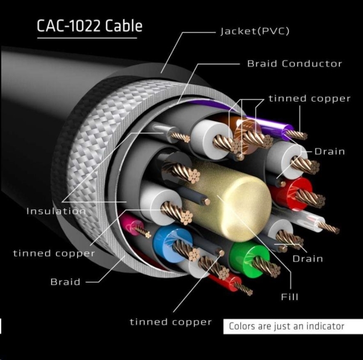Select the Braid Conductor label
[x=294, y=64]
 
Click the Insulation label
[x=56, y=211]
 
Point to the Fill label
[x=289, y=297]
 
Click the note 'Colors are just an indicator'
[x=286, y=327]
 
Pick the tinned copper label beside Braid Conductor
[x=309, y=99]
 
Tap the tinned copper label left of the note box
[x=171, y=322]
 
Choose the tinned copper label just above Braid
[x=54, y=253]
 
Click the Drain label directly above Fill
[x=308, y=259]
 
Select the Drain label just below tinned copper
[x=329, y=151]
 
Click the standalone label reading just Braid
[x=65, y=281]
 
